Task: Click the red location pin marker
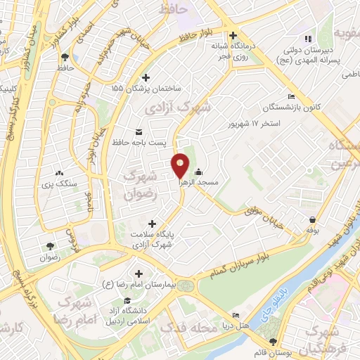pos(181,166)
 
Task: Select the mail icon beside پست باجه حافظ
pos(138,132)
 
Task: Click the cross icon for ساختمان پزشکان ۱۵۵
pos(146,77)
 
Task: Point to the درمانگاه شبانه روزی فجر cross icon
pos(233,36)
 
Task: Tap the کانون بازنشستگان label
pos(272,108)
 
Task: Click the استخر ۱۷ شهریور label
pos(255,124)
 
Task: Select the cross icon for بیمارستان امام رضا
pos(138,274)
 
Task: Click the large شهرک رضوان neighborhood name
pos(138,185)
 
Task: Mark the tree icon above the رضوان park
pos(50,246)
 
